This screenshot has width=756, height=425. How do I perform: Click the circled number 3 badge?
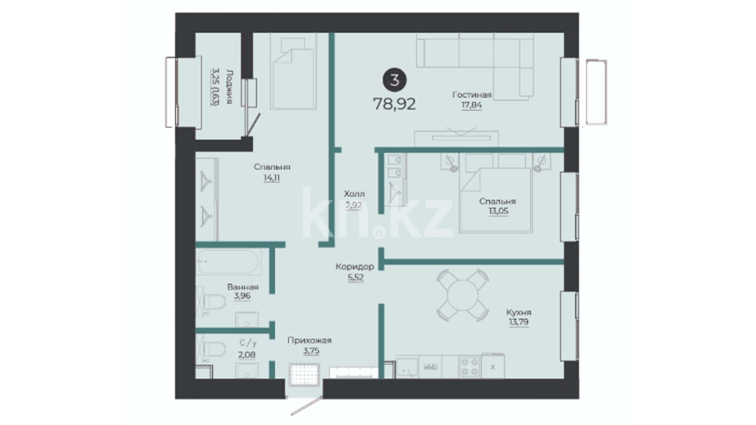pyautogui.click(x=394, y=80)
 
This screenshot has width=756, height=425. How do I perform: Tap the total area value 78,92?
pyautogui.click(x=394, y=104)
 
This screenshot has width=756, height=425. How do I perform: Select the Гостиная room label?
pyautogui.click(x=472, y=95)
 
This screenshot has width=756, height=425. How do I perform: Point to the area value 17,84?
pyautogui.click(x=471, y=105)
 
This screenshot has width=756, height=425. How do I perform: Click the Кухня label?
pyautogui.click(x=519, y=312)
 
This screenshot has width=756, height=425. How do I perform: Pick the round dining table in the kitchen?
pyautogui.click(x=463, y=295)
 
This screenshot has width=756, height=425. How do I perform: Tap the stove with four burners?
pyautogui.click(x=470, y=366)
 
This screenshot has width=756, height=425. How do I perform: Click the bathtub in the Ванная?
pyautogui.click(x=228, y=262)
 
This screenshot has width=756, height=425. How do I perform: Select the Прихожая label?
pyautogui.click(x=309, y=340)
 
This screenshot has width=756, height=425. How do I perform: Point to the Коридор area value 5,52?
pyautogui.click(x=355, y=277)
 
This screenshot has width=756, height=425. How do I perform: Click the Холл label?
pyautogui.click(x=354, y=194)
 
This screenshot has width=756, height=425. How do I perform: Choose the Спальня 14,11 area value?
pyautogui.click(x=272, y=178)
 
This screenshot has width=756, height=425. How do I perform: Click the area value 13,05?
pyautogui.click(x=498, y=211)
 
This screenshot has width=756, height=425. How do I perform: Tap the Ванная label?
pyautogui.click(x=243, y=287)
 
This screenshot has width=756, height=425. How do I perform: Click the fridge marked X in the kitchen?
pyautogui.click(x=493, y=366)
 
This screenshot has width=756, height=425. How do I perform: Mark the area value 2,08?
pyautogui.click(x=246, y=355)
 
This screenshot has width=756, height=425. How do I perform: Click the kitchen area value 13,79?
pyautogui.click(x=519, y=322)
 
